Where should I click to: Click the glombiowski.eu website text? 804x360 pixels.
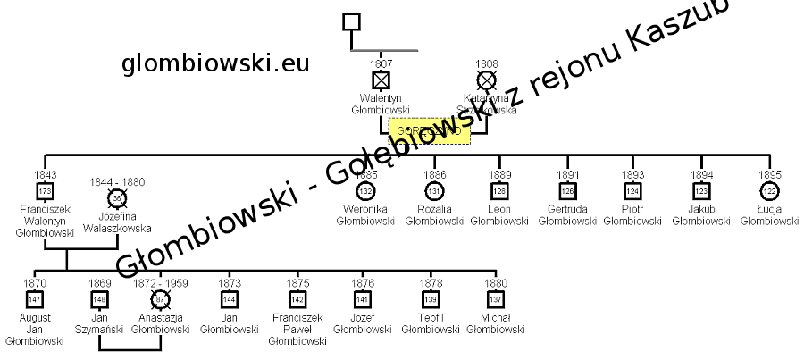215,63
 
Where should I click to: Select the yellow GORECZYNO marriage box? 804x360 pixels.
429,131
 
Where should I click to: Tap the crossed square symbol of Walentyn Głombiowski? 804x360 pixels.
381,80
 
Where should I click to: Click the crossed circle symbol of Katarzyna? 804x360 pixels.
486,80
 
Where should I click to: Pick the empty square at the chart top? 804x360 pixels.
352,21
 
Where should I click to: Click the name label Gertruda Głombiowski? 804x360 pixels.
567,214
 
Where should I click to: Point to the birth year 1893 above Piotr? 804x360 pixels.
633,175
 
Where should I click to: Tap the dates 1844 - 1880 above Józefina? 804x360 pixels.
116,182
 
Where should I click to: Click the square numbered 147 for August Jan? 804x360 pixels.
35,298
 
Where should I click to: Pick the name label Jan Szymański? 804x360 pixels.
99,323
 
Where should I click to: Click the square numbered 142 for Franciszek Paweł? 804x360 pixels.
297,298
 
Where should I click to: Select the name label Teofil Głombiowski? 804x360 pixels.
431,323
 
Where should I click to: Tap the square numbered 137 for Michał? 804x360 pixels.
496,298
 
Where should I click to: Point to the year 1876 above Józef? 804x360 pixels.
363,283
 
